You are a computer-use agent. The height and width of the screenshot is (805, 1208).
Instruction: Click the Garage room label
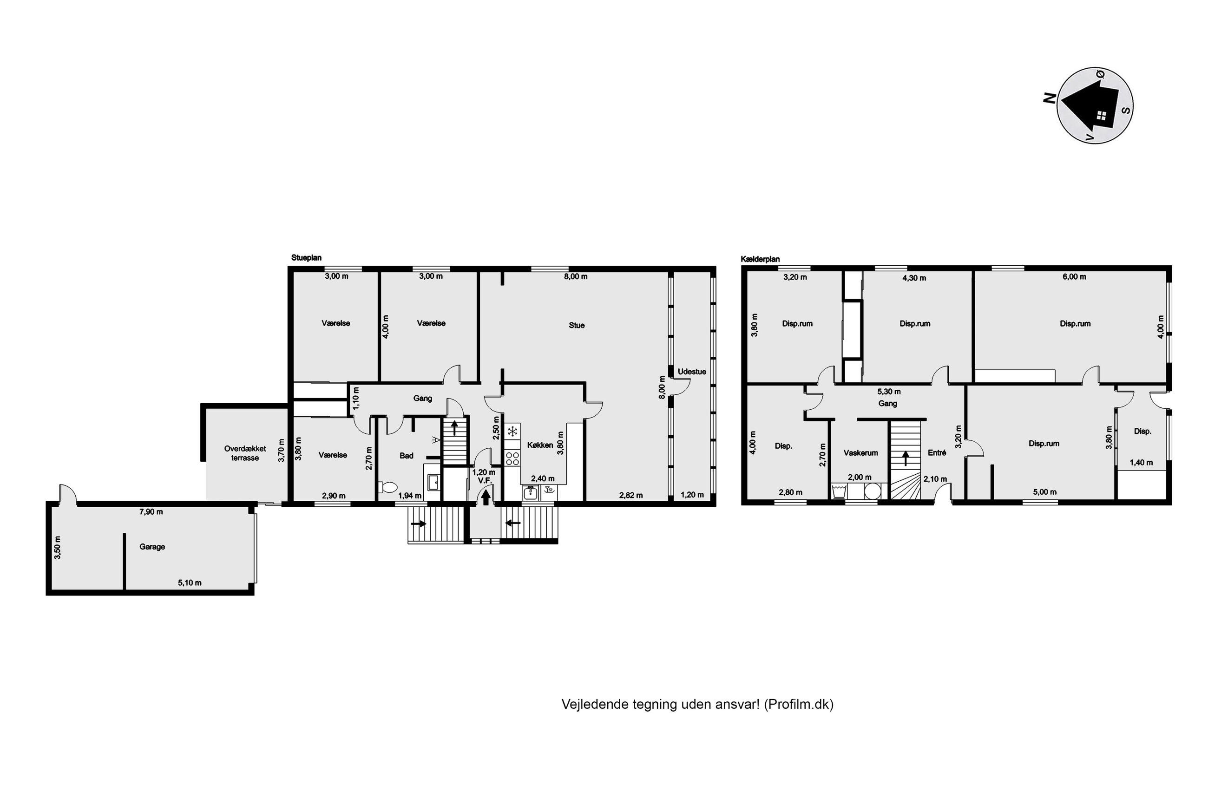pyautogui.click(x=152, y=547)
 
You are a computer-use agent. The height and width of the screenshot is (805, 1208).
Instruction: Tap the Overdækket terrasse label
pyautogui.click(x=245, y=453)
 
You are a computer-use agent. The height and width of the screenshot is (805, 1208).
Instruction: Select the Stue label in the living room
pyautogui.click(x=577, y=325)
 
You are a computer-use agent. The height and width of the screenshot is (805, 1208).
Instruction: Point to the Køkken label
pyautogui.click(x=540, y=445)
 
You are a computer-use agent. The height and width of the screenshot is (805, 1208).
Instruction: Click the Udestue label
pyautogui.click(x=691, y=371)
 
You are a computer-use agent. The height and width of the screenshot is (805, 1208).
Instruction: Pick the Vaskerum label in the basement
pyautogui.click(x=861, y=453)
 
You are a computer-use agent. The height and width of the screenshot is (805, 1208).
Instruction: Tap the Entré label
pyautogui.click(x=937, y=453)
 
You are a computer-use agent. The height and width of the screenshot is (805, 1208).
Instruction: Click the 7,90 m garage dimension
pyautogui.click(x=151, y=512)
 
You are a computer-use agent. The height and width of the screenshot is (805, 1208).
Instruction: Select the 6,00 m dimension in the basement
pyautogui.click(x=1074, y=277)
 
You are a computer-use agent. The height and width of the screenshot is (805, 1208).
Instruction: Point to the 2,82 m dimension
pyautogui.click(x=630, y=496)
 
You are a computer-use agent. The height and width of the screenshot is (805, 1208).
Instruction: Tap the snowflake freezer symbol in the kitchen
pyautogui.click(x=512, y=431)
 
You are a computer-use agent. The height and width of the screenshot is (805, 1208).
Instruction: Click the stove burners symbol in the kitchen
pyautogui.click(x=512, y=458)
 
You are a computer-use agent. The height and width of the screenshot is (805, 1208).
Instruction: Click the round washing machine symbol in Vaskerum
pyautogui.click(x=872, y=491)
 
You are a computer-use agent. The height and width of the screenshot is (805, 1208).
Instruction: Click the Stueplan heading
pyautogui.click(x=307, y=258)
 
